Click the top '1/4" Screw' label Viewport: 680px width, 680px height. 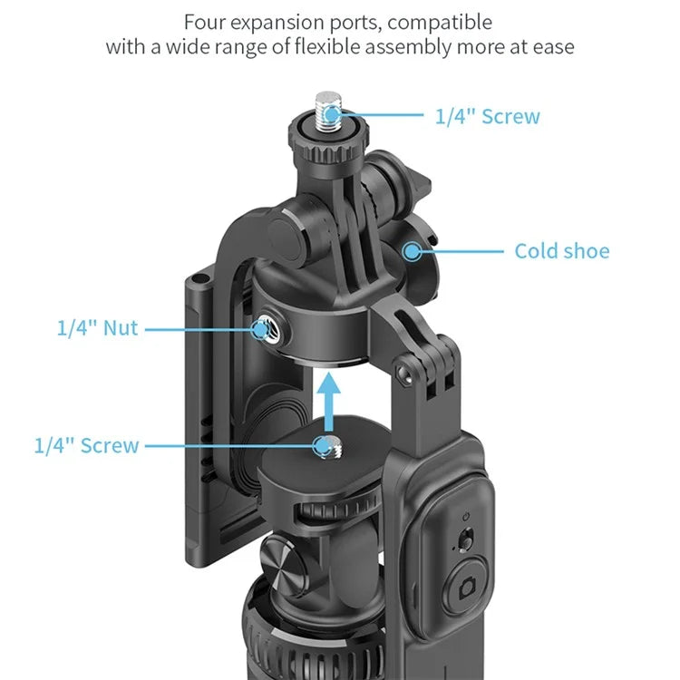[x=488, y=116]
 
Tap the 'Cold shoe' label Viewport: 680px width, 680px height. [x=562, y=251]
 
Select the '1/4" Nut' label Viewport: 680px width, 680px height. [x=98, y=328]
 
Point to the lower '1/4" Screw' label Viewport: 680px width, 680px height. [x=87, y=445]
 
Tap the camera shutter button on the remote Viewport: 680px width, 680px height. [x=467, y=587]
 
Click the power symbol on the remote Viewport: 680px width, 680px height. [x=466, y=517]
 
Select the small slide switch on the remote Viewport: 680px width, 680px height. [x=465, y=539]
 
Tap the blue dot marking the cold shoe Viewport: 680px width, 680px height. [x=412, y=251]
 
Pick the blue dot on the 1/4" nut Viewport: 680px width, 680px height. [x=260, y=330]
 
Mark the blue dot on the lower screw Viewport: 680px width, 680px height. [x=323, y=446]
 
